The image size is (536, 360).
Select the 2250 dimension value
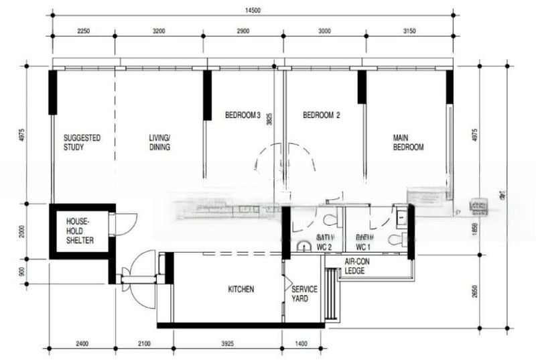(x=83, y=31)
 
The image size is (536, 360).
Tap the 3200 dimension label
(x=161, y=31)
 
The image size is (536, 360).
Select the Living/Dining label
(x=159, y=142)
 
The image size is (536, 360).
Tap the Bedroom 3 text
(x=242, y=115)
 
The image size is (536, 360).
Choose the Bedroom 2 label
(x=322, y=115)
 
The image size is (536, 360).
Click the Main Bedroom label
(x=408, y=142)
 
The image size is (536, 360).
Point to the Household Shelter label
(x=79, y=231)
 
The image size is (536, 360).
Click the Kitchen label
(x=241, y=290)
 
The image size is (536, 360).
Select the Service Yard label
(x=305, y=294)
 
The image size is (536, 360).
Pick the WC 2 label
(x=324, y=246)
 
